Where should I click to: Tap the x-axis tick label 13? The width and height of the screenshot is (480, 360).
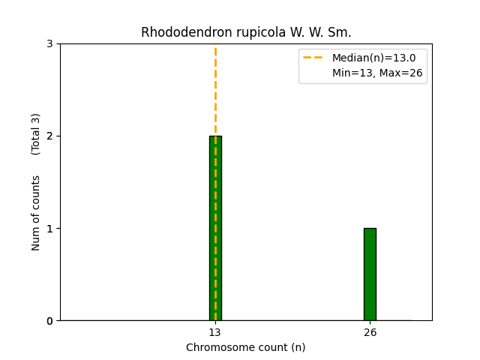point(215,332)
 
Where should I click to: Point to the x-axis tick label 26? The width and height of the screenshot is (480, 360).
point(370,332)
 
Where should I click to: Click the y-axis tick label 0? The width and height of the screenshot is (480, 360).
point(50,321)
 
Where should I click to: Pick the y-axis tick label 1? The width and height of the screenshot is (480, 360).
point(50,229)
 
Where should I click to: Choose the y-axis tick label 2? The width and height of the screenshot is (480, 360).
point(50,136)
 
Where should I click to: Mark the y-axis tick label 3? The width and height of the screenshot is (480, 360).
point(50,44)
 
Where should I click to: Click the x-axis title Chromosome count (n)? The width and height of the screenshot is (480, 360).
point(246,347)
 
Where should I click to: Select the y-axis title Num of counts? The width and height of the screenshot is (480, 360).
point(36,213)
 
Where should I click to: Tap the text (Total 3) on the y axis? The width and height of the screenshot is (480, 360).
point(36,133)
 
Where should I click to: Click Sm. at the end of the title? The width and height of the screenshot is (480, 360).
point(339,32)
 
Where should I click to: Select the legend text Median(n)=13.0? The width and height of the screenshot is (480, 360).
point(373,58)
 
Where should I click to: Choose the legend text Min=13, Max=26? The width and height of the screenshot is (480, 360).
point(377,73)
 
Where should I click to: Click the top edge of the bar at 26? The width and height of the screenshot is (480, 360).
point(370,229)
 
